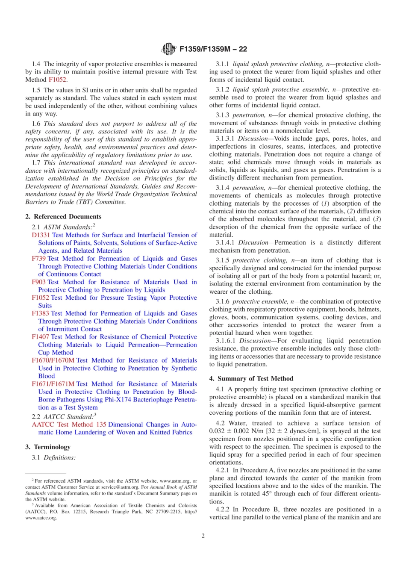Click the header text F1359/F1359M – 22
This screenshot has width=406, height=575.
click(213, 49)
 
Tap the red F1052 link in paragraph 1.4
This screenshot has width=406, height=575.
click(57, 80)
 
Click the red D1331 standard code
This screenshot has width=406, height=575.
click(41, 235)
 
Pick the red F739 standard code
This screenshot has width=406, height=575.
click(38, 258)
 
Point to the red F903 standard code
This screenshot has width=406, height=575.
click(38, 282)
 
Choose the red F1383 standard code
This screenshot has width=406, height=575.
click(40, 313)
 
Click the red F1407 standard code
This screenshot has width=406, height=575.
click(40, 337)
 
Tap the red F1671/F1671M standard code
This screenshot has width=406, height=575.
click(53, 384)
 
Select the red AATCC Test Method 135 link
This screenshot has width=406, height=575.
click(69, 425)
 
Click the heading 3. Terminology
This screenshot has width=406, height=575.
click(48, 447)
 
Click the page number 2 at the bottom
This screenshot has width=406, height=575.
click(203, 536)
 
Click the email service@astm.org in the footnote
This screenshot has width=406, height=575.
click(120, 487)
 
